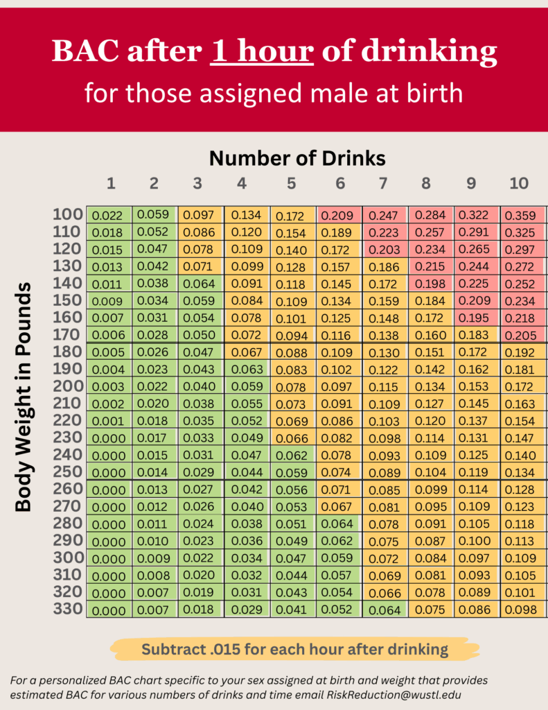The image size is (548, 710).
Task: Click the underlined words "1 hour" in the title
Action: click(x=263, y=51)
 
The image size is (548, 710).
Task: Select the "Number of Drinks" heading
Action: click(x=297, y=158)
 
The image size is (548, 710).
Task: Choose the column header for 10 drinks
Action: click(x=519, y=184)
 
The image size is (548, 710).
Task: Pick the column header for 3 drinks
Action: click(x=197, y=184)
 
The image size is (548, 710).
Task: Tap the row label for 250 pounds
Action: click(x=67, y=471)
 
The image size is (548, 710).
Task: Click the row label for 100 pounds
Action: click(x=67, y=214)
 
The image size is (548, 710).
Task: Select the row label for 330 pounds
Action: click(x=67, y=609)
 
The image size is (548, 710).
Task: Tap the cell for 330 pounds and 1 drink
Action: click(x=109, y=610)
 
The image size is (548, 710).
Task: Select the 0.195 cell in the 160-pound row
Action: click(x=475, y=318)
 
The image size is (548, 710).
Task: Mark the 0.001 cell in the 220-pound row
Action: click(x=109, y=421)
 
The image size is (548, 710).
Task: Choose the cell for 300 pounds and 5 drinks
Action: click(x=292, y=557)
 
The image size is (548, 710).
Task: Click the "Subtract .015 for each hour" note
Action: click(x=294, y=650)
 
